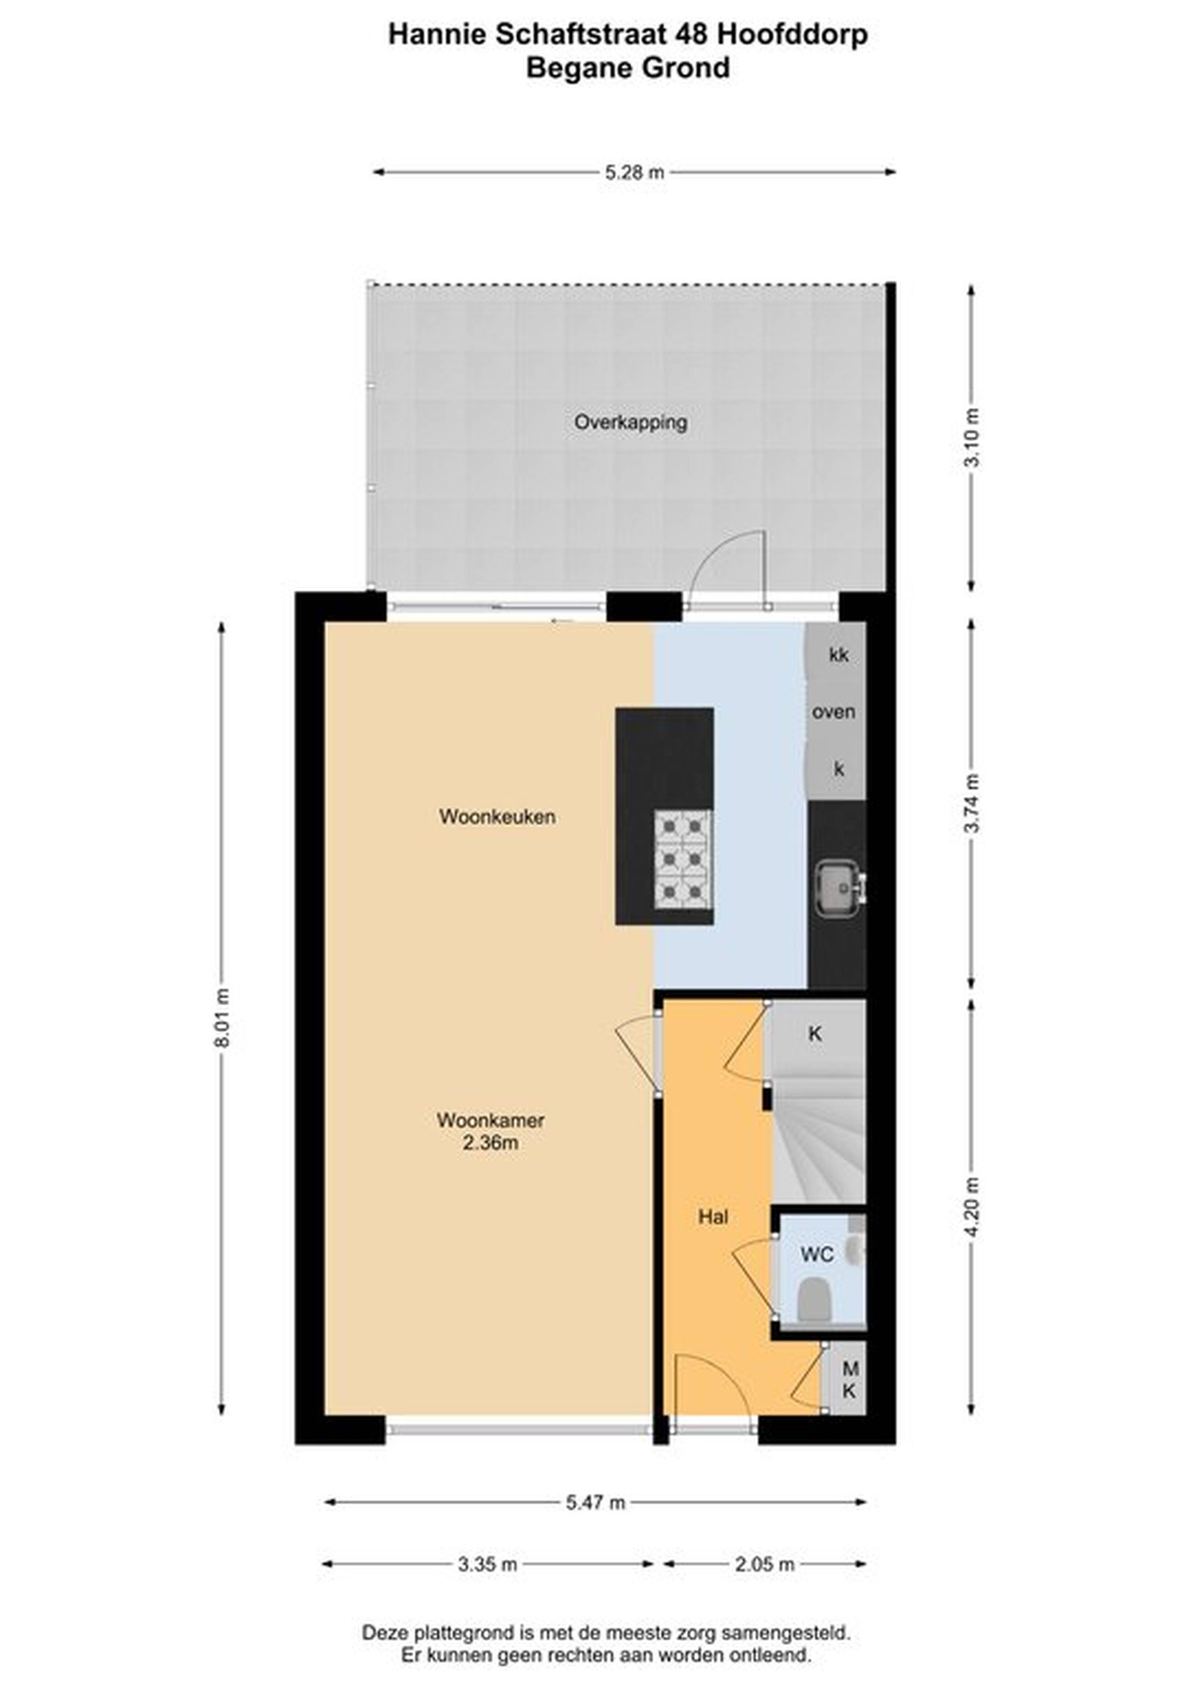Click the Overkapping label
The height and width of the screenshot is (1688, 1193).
(x=631, y=423)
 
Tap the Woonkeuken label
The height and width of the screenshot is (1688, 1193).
(x=497, y=817)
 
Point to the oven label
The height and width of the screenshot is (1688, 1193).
(x=834, y=712)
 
